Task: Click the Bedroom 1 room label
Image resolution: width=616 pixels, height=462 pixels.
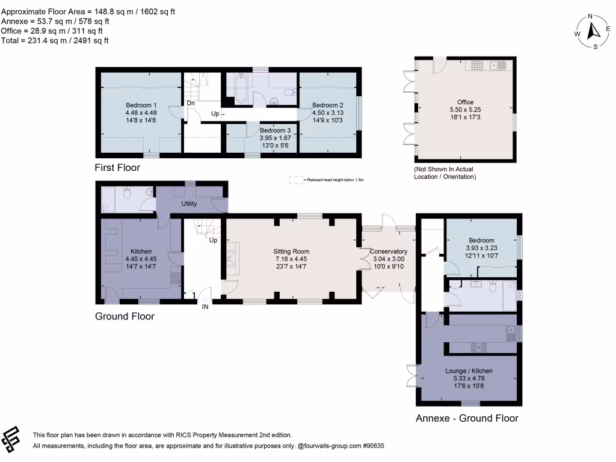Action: (x=141, y=105)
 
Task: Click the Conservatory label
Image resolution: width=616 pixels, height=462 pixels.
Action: (x=389, y=251)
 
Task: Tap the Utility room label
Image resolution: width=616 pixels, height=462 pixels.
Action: (x=189, y=204)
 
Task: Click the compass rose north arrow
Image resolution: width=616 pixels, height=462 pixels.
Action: (x=593, y=30)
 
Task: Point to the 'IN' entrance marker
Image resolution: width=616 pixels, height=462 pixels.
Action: (x=206, y=307)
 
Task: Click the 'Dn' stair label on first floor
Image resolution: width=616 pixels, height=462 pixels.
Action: (x=190, y=103)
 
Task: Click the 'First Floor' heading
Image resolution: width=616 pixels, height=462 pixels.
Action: (x=117, y=168)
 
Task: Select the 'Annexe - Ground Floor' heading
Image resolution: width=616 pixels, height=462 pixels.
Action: (x=467, y=418)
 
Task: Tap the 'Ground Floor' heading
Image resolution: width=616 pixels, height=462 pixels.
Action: (x=125, y=316)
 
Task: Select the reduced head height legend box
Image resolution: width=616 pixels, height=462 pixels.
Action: (x=295, y=180)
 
